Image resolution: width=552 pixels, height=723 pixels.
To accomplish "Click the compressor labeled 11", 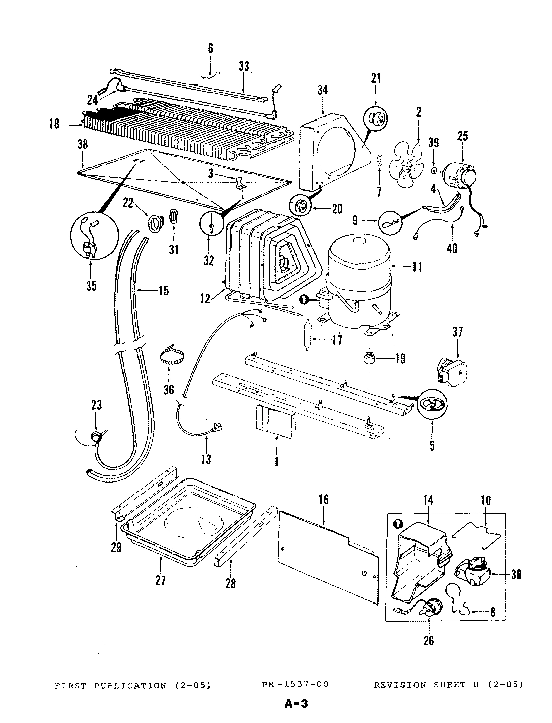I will pyautogui.click(x=359, y=281).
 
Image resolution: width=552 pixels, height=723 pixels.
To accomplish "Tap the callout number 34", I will pyautogui.click(x=322, y=90).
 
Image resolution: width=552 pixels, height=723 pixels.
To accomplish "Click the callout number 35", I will pyautogui.click(x=91, y=286).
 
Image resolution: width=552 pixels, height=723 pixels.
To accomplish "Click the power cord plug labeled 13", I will pyautogui.click(x=217, y=428).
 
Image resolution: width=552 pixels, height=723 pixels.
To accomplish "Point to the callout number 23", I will pyautogui.click(x=96, y=405).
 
